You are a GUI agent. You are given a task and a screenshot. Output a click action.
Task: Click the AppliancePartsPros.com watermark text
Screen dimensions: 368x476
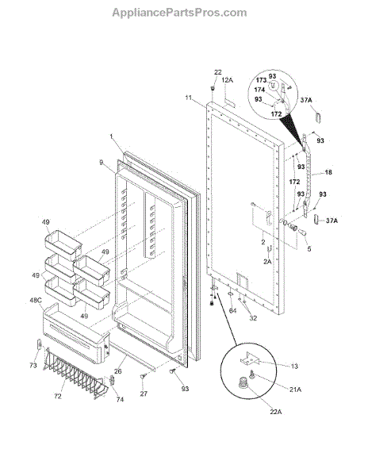179,13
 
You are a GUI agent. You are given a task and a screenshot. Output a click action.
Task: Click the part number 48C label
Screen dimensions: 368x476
36,300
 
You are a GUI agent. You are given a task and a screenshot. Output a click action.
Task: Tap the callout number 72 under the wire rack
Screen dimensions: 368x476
58,396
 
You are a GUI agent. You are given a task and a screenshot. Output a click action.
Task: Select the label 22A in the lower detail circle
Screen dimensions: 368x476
276,412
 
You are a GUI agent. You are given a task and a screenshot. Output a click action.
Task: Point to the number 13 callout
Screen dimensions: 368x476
294,366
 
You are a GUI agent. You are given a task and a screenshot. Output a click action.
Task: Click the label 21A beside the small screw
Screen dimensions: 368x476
295,390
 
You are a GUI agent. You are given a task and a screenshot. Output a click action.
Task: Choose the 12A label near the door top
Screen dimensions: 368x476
228,80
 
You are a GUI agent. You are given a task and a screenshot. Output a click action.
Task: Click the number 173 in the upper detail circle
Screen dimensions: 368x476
261,80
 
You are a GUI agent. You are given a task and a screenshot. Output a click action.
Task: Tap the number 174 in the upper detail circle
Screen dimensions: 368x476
259,90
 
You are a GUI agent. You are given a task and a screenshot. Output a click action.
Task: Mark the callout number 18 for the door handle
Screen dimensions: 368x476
328,172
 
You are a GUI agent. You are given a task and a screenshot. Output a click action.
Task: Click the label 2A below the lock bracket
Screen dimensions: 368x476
267,261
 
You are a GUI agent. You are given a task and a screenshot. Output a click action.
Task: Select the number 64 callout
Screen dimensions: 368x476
232,310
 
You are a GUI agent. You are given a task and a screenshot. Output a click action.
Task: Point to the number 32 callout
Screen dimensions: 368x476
253,318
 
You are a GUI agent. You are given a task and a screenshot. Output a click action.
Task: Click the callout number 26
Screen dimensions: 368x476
117,371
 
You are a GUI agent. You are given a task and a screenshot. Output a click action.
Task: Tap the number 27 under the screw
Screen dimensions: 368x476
144,393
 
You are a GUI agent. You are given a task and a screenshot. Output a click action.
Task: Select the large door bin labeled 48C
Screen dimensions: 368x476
76,333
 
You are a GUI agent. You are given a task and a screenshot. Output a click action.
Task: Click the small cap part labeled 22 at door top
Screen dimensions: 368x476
213,88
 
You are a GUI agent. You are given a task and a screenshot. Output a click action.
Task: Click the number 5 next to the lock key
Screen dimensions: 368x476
309,249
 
